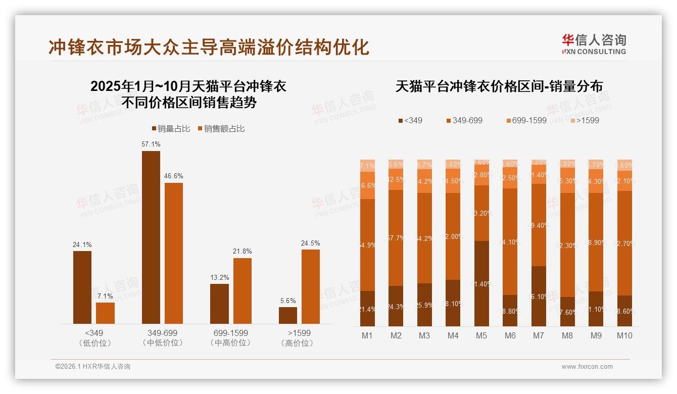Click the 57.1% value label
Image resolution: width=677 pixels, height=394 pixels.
click(151, 144)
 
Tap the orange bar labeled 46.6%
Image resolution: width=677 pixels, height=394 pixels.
click(173, 253)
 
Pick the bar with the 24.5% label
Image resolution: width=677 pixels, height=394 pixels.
click(311, 286)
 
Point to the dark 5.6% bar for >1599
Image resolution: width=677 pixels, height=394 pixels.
click(288, 315)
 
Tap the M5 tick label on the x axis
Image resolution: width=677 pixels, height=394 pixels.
click(481, 335)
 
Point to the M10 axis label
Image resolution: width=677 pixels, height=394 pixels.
click(624, 335)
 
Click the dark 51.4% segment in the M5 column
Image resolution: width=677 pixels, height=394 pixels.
click(481, 283)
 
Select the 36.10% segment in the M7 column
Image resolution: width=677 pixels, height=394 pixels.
click(539, 296)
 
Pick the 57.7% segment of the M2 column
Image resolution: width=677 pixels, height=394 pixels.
click(396, 238)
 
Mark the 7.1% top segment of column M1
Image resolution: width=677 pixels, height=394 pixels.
click(367, 166)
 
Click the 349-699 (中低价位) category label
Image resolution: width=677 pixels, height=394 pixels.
click(162, 338)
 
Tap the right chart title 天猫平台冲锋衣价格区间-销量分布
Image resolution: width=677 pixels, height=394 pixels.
click(499, 86)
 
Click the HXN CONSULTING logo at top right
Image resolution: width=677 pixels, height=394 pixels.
click(594, 44)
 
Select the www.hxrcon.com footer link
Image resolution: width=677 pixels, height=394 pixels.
click(587, 367)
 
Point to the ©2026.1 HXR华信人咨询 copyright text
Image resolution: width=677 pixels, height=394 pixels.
click(93, 367)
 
